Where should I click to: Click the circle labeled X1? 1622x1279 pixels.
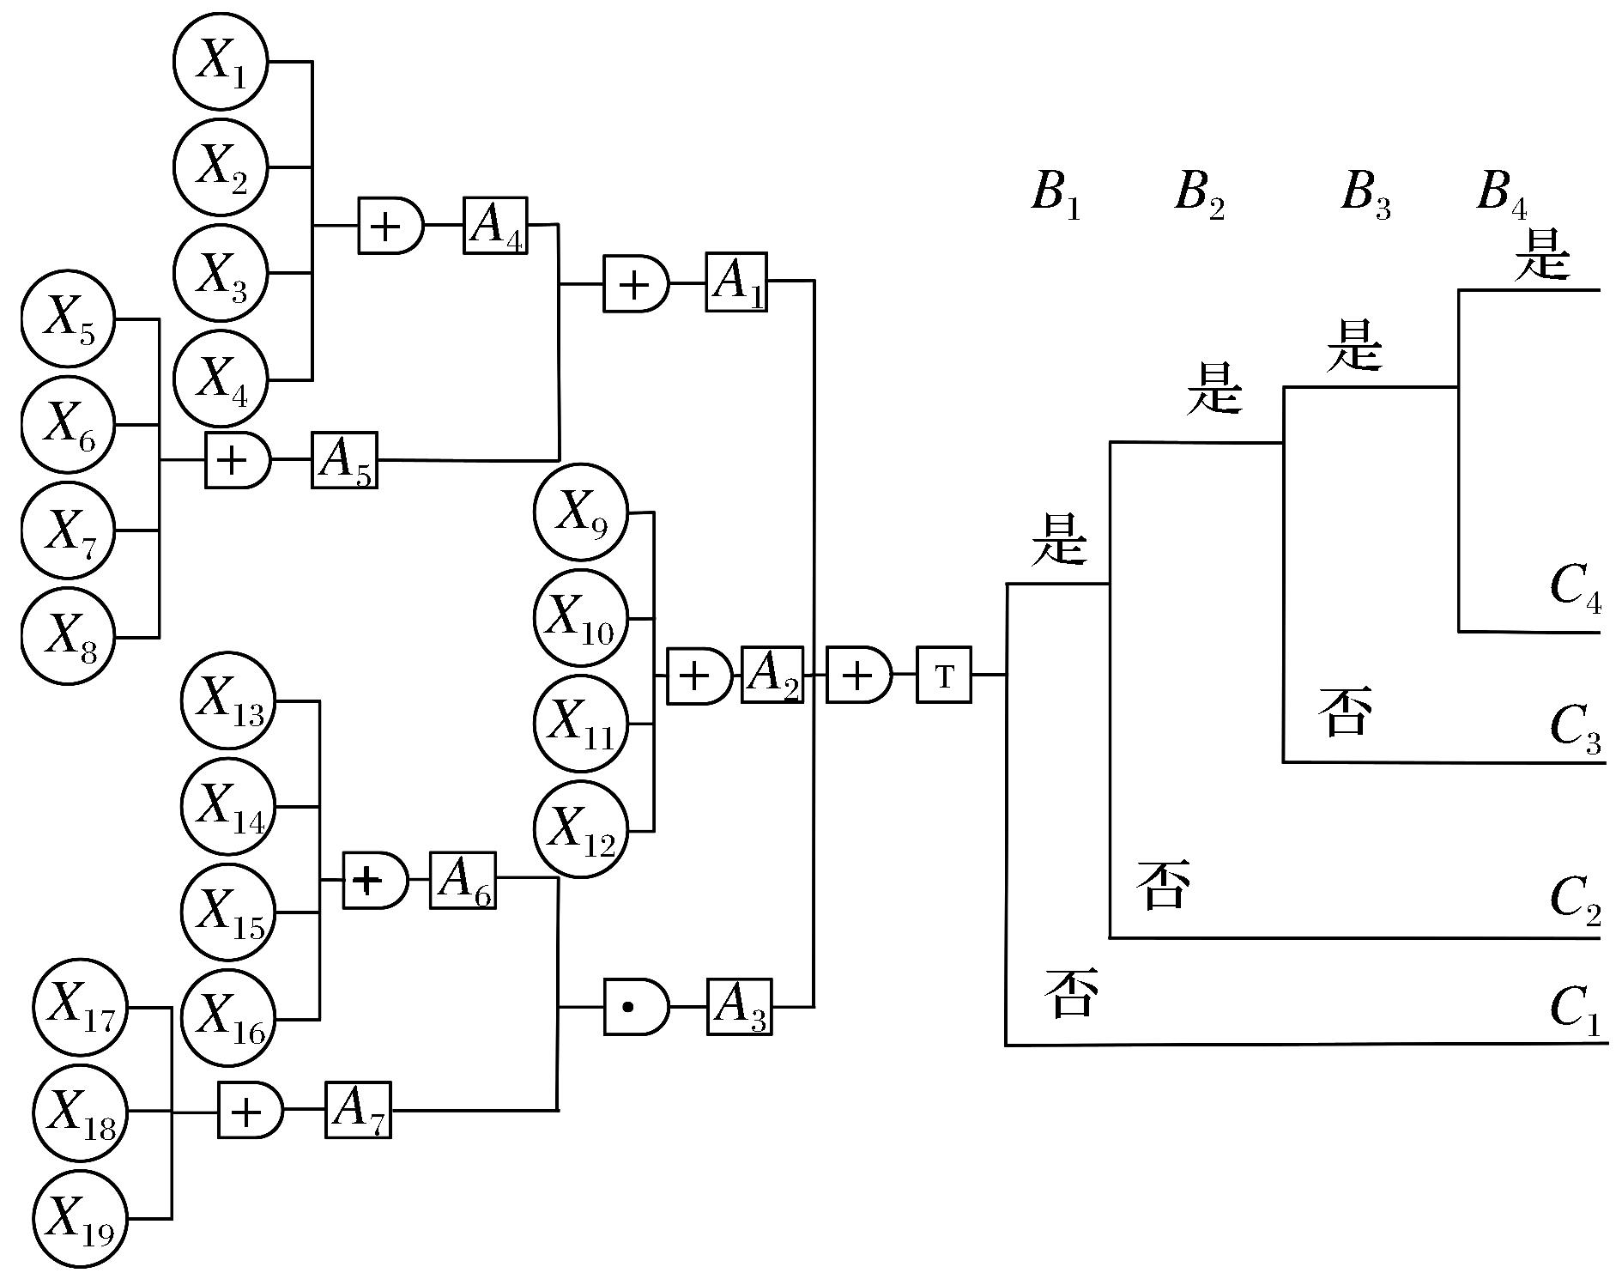tap(221, 62)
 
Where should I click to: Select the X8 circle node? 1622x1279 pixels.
tap(69, 637)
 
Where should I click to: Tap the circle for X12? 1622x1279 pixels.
tap(581, 829)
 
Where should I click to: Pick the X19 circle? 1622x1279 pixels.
tap(81, 1217)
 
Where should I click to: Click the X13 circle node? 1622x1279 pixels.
tap(229, 700)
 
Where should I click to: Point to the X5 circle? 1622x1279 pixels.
tap(69, 319)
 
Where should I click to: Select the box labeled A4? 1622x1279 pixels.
tap(495, 226)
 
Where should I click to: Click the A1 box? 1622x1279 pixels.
tap(736, 282)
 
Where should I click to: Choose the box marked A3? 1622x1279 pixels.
tap(739, 1006)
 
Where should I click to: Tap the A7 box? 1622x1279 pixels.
tap(358, 1110)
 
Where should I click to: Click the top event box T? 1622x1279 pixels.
tap(944, 676)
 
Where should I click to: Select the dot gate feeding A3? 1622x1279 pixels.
tap(636, 1006)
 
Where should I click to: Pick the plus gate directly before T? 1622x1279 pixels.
tap(859, 676)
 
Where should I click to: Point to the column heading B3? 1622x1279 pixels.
tap(1365, 194)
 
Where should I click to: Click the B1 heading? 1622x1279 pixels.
tap(1056, 194)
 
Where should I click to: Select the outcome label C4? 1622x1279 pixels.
tap(1576, 589)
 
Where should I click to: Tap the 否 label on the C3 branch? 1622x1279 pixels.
tap(1344, 711)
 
